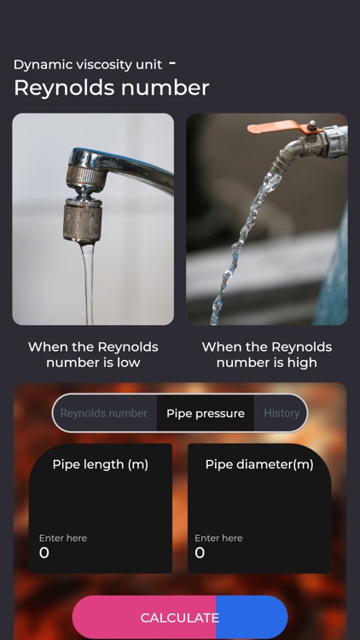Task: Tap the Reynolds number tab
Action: tap(104, 413)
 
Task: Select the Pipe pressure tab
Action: tap(206, 413)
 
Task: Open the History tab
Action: tap(282, 413)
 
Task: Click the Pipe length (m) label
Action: tap(101, 464)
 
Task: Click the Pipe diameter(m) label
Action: tap(259, 464)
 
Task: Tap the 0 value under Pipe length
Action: tap(44, 553)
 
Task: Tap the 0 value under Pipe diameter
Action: tap(200, 553)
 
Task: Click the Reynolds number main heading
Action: tap(112, 88)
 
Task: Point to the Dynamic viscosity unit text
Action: tap(88, 65)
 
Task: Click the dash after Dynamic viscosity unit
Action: tap(172, 63)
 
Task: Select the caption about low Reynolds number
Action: tap(93, 354)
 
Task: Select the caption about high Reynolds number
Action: tap(266, 354)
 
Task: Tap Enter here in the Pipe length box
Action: tap(63, 538)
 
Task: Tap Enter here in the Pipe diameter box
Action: tap(218, 538)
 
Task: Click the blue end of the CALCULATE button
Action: tap(252, 617)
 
